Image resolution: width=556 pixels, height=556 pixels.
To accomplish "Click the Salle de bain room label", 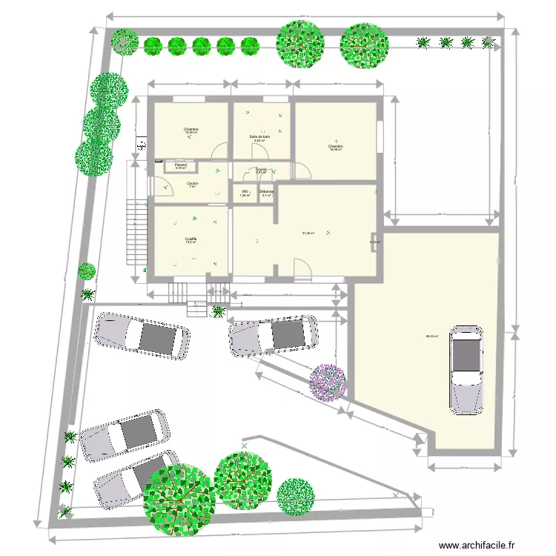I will [x=259, y=137].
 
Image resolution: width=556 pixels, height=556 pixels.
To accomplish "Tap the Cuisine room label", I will [x=191, y=239].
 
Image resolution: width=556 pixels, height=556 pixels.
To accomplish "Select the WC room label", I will [x=244, y=192].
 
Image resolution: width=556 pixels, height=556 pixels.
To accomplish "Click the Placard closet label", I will [x=180, y=165].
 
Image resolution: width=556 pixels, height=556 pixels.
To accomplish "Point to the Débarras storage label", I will [x=266, y=192].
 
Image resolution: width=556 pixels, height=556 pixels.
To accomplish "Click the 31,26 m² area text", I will [x=308, y=234].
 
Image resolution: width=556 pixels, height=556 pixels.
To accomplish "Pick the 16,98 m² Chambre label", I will [x=336, y=148].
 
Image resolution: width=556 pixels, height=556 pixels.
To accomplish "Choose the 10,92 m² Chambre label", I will [x=191, y=130].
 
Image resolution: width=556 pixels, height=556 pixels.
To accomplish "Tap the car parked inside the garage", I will [x=467, y=368].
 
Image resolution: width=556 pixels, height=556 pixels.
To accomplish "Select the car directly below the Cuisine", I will [x=140, y=336].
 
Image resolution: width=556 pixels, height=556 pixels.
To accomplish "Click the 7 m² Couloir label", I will [x=192, y=184].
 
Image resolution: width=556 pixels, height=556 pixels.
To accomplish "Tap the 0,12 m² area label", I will [x=375, y=242].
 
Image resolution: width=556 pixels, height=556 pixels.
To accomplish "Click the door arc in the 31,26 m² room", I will [x=302, y=268].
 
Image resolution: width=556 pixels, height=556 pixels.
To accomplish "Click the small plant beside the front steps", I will [x=219, y=311].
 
